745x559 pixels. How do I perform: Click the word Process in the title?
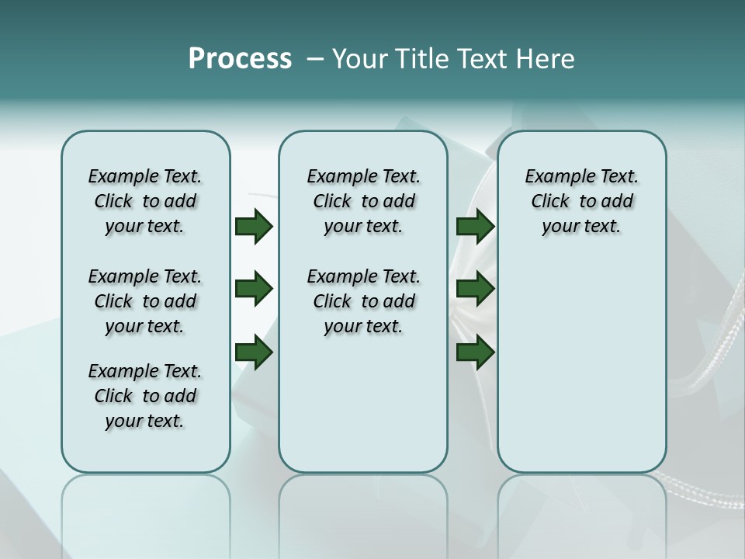(x=240, y=58)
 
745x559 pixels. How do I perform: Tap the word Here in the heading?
(x=546, y=58)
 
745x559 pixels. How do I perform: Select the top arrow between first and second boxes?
(x=254, y=227)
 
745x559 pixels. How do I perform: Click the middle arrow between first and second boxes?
(x=254, y=290)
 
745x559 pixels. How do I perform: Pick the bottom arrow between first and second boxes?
(x=254, y=352)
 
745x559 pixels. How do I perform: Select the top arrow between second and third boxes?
(x=475, y=227)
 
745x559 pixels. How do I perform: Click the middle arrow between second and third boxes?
(x=475, y=290)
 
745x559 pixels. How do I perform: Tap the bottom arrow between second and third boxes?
(x=475, y=352)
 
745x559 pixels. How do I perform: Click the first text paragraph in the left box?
(x=145, y=201)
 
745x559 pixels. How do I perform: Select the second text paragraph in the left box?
(x=145, y=301)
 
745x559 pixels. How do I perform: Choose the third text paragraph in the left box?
(x=145, y=396)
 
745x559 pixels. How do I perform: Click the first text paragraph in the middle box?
(x=363, y=201)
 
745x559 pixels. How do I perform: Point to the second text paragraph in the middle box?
(x=363, y=301)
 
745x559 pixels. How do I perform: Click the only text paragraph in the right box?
(x=581, y=201)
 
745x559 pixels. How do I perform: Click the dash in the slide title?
(x=314, y=59)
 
